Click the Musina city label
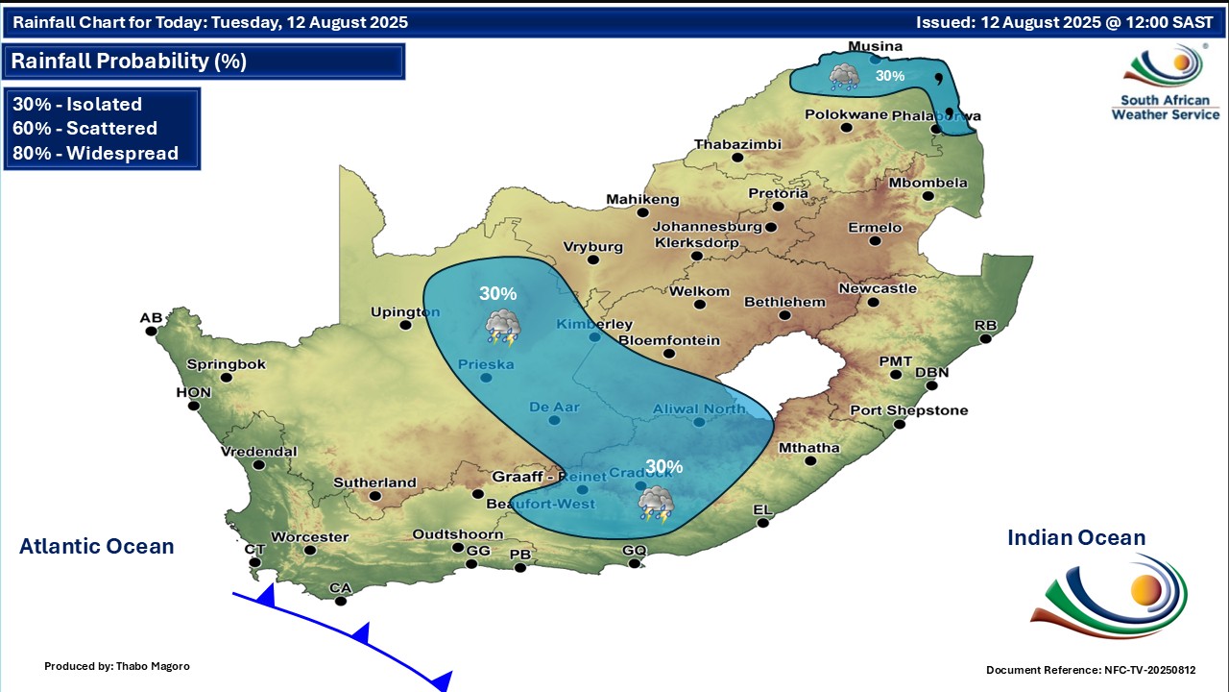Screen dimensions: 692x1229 875,46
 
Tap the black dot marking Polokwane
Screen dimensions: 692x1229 846,128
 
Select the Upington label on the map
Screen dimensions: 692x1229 405,311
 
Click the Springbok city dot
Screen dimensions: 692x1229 227,378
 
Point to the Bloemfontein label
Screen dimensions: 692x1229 669,340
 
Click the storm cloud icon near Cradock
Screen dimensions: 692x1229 657,502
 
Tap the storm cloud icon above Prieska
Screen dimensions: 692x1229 502,327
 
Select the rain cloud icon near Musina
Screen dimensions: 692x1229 845,76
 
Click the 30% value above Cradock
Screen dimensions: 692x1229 663,467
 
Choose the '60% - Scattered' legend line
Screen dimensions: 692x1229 84,129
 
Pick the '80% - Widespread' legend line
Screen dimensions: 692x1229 95,153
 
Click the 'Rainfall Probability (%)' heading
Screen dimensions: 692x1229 129,62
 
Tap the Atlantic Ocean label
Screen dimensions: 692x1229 97,547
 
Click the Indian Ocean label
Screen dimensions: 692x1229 1076,538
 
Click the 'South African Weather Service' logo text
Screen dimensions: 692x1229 1165,107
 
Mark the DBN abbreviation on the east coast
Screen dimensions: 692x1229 931,373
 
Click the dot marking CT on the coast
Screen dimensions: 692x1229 255,562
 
